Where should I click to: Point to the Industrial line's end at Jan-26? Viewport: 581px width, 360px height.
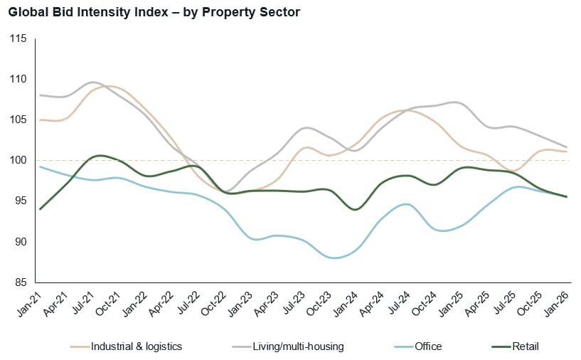point(566,152)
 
